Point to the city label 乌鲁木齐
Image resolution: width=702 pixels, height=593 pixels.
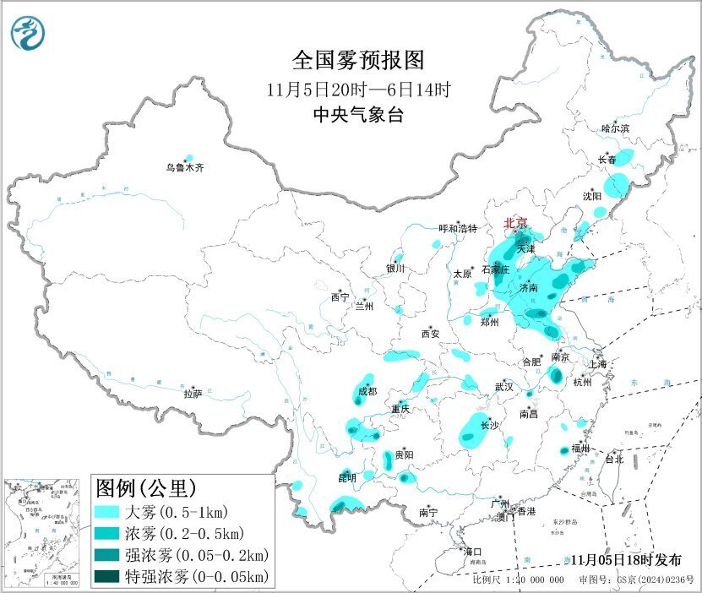click(x=184, y=168)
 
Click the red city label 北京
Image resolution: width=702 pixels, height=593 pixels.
click(x=515, y=223)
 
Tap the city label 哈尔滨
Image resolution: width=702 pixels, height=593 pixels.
click(x=615, y=128)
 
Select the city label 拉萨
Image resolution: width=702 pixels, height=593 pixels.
click(x=193, y=394)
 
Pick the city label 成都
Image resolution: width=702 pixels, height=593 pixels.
click(x=367, y=391)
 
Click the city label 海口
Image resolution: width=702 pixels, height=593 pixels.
click(x=473, y=552)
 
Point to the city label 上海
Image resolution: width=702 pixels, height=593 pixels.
click(x=599, y=364)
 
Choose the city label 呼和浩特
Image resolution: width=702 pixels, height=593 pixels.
click(x=458, y=229)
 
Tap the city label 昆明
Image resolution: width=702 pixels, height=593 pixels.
click(x=348, y=478)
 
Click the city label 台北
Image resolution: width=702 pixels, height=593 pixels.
click(x=612, y=460)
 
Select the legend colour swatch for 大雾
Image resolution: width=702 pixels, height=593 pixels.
click(x=109, y=513)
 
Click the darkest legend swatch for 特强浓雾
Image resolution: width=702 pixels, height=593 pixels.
click(x=109, y=577)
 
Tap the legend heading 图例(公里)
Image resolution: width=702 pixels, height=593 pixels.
click(x=146, y=488)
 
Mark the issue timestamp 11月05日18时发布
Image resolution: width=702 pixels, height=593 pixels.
click(x=623, y=559)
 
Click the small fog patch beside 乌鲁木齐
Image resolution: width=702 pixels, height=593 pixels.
click(x=189, y=158)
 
